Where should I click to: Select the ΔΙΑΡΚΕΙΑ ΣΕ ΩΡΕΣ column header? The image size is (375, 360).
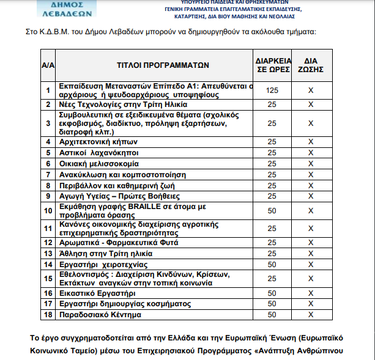272,64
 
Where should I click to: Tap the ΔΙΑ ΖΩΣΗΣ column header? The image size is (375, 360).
311,64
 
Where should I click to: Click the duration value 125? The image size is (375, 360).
272,90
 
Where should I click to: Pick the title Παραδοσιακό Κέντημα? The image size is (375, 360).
99,315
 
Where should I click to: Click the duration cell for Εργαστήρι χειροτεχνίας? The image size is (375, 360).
272,265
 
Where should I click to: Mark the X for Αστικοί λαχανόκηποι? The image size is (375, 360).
311,153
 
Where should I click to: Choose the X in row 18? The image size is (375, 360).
311,315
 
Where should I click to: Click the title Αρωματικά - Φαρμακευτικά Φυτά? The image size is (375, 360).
114,243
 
